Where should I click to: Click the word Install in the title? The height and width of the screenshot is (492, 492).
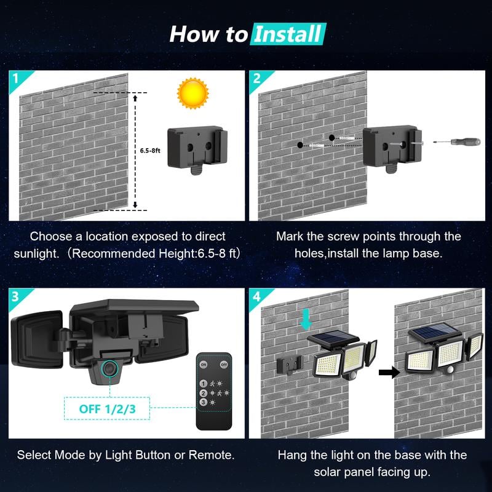click(x=288, y=34)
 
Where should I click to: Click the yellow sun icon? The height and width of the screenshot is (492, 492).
click(x=192, y=93)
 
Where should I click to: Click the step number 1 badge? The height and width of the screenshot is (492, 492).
click(x=14, y=77)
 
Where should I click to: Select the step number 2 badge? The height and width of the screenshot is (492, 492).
click(x=256, y=77)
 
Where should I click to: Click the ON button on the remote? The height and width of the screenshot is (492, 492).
click(x=204, y=365)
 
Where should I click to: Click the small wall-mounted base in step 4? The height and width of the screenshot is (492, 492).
click(x=289, y=364)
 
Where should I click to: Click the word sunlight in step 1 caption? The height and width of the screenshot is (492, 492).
click(x=39, y=253)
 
